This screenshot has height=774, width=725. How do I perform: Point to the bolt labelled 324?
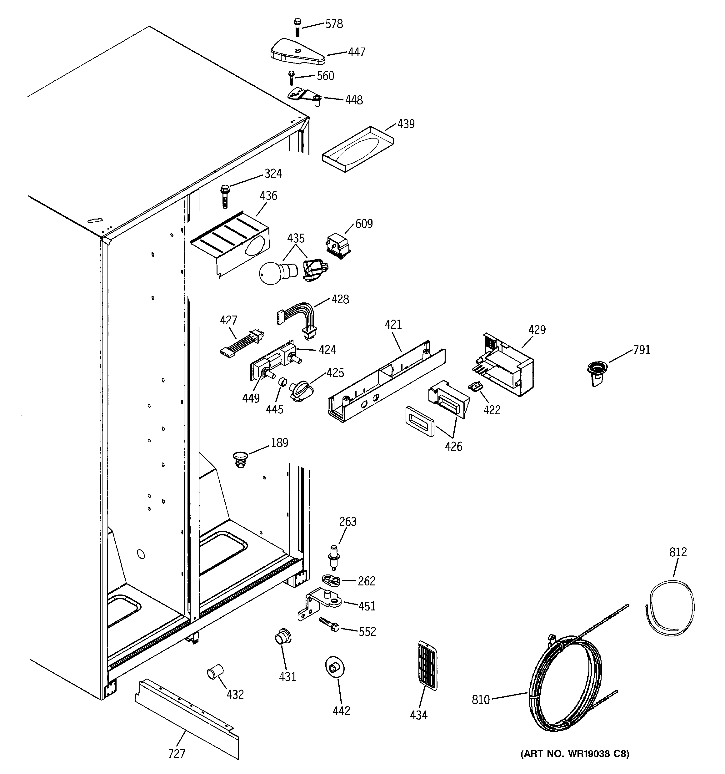225,197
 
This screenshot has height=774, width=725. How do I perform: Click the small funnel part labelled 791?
596,372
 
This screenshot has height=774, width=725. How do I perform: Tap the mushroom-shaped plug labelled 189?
241,459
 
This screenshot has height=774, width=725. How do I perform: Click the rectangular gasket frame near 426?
419,421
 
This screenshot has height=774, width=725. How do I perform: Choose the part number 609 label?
364,224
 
